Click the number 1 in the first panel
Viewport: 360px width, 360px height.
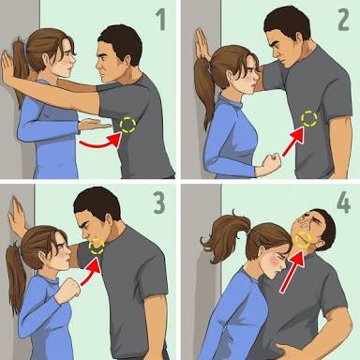point(161,20)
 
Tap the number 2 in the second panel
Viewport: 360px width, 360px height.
point(343,20)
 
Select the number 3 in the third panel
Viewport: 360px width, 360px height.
point(159,203)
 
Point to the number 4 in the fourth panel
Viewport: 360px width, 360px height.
point(343,203)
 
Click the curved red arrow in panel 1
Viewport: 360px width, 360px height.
point(100,142)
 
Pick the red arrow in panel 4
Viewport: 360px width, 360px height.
point(292,271)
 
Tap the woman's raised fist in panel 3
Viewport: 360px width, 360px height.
point(71,287)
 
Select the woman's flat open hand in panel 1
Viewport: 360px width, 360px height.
point(94,126)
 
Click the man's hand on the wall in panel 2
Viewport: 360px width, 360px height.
point(202,43)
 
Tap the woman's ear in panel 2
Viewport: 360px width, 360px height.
point(229,76)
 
